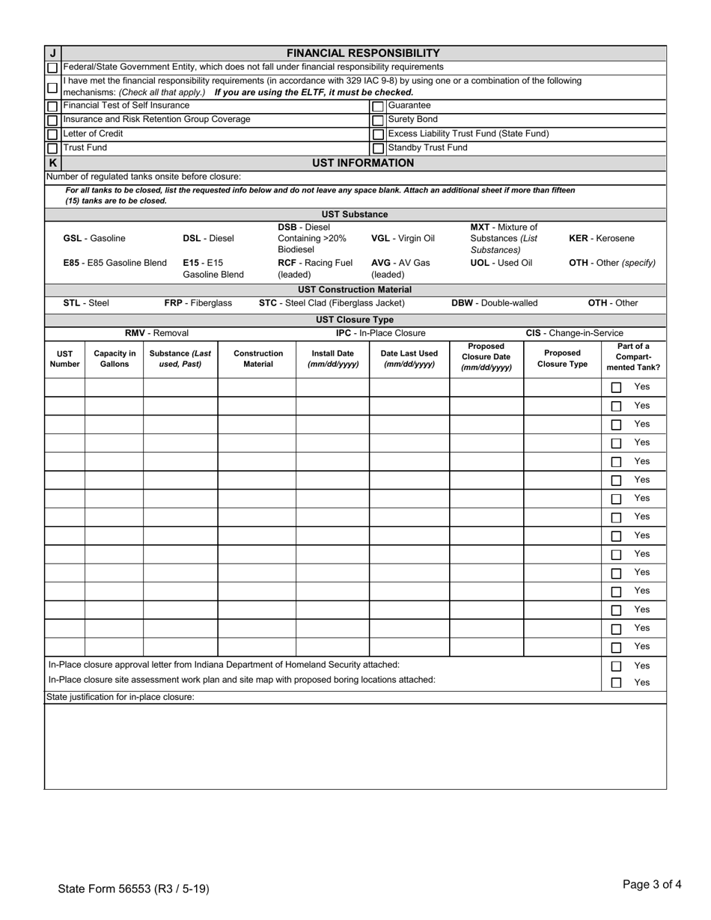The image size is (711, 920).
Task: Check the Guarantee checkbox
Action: coord(378,106)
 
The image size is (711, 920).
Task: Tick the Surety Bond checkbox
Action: coord(378,121)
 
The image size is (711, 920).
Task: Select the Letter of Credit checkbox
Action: coord(52,135)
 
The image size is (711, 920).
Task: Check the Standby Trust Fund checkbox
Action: coord(378,148)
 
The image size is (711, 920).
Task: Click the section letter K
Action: coord(52,162)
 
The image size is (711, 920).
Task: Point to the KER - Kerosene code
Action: coord(601,238)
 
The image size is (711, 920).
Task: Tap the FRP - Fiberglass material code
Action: coord(198,303)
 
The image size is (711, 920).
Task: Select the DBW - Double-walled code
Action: coord(494,303)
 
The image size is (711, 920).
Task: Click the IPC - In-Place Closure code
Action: coord(380,333)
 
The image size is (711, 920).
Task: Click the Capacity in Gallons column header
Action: coord(115,359)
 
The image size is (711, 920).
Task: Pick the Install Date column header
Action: coord(332,359)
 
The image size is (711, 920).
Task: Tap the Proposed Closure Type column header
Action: coord(562,359)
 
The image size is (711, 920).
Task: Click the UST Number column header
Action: coord(64,359)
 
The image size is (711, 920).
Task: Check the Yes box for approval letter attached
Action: coord(616,666)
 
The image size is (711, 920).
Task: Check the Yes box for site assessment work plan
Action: coord(616,683)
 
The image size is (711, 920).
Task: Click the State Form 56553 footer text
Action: coord(133,889)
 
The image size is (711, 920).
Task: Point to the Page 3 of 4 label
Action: coord(651,884)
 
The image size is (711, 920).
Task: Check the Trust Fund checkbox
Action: coord(52,148)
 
